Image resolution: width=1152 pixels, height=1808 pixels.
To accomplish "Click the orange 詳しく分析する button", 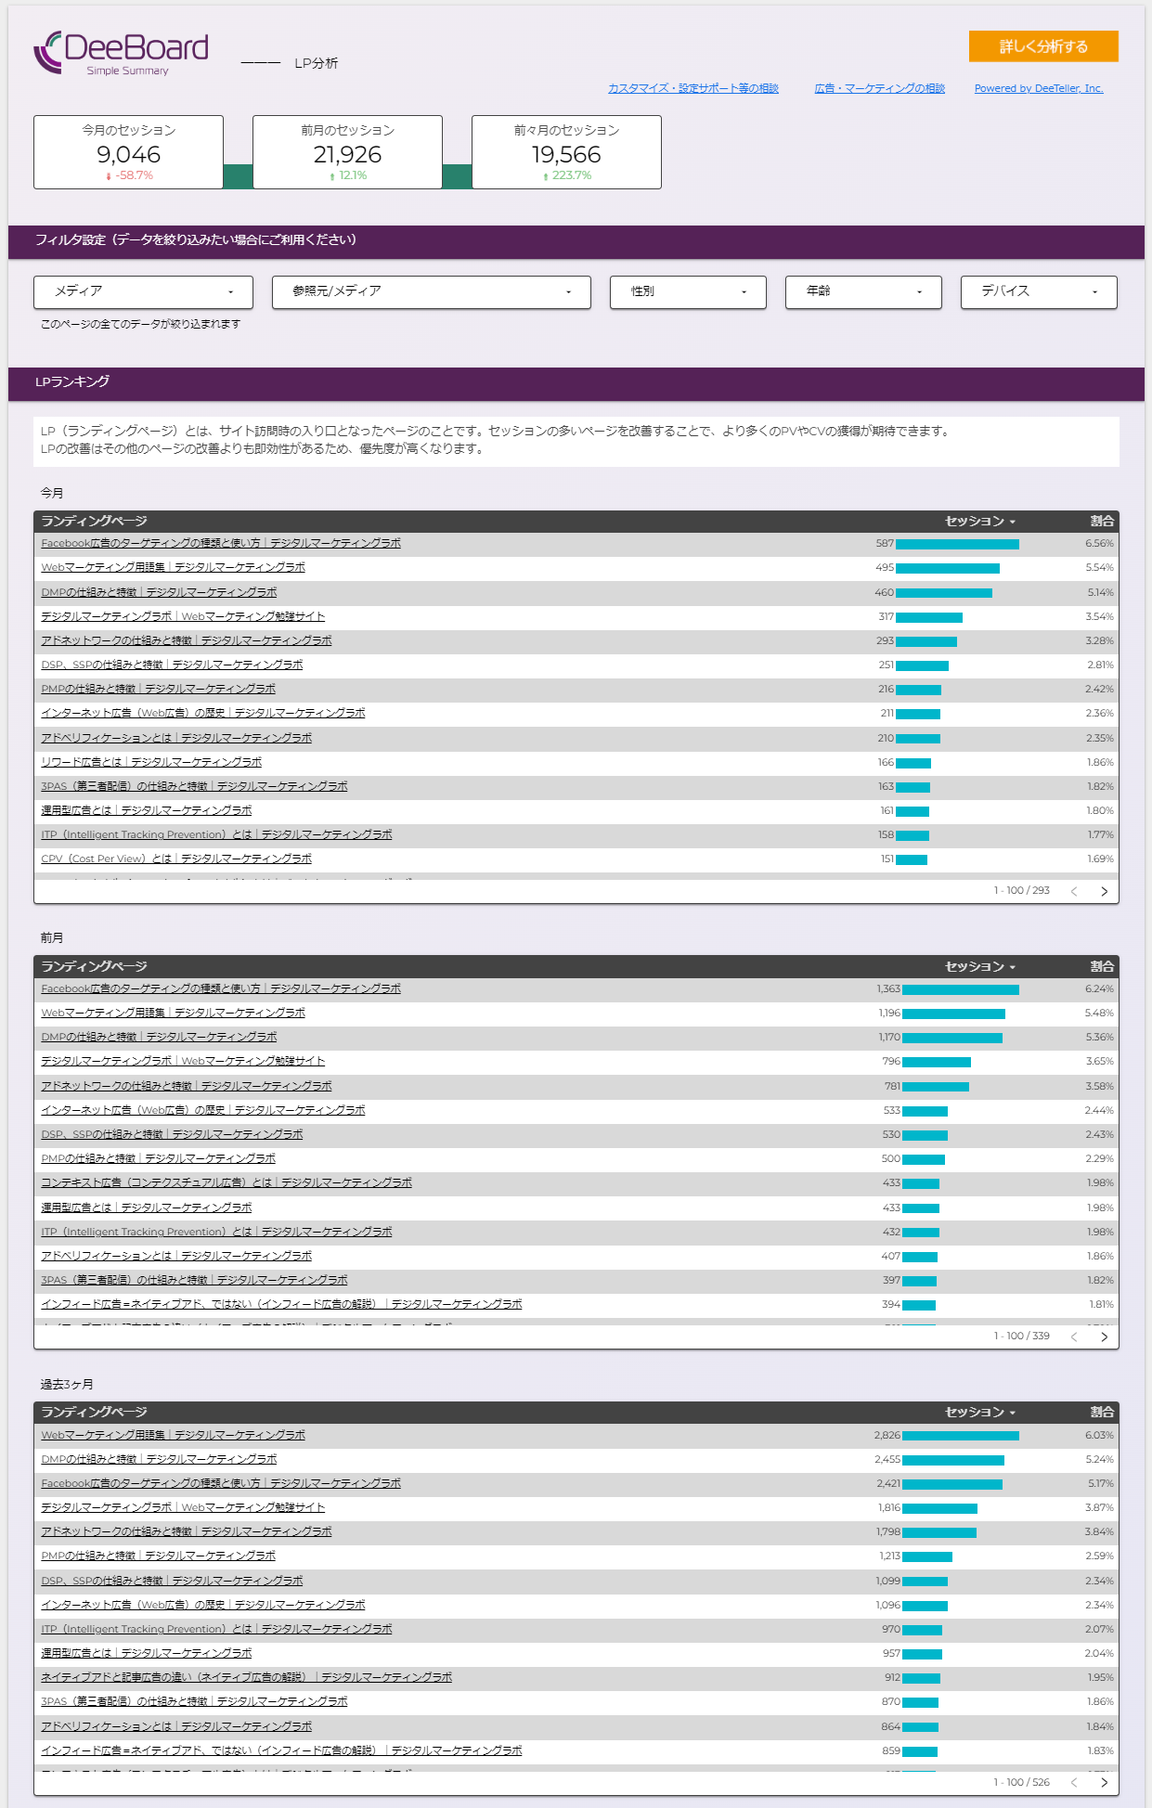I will [x=1042, y=46].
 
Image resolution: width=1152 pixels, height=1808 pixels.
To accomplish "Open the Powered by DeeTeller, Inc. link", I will [x=1038, y=89].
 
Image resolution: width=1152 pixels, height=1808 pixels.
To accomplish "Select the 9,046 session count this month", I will [x=128, y=154].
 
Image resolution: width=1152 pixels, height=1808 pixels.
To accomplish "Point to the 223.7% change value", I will [x=571, y=175].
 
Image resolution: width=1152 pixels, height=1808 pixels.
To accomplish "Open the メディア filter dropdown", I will [x=143, y=291].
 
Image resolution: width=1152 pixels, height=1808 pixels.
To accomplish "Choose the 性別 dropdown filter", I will [x=687, y=291].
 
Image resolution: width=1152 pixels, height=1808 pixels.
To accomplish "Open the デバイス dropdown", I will [x=1038, y=291].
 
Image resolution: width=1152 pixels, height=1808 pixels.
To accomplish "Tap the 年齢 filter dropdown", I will [x=862, y=291].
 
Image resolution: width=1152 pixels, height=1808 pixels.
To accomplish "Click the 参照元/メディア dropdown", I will [x=431, y=291].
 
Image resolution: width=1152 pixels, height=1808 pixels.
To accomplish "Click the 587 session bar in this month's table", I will [x=956, y=544].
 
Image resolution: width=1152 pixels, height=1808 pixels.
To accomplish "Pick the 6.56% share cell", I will [x=1099, y=544].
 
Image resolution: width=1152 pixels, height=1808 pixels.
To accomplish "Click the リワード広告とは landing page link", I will [x=151, y=762].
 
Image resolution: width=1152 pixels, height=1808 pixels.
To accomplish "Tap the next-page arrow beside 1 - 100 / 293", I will [x=1104, y=891].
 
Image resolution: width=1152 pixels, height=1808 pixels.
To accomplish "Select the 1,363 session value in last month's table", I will [x=888, y=989].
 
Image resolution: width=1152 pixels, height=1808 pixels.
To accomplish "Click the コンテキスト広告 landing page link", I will [x=227, y=1182].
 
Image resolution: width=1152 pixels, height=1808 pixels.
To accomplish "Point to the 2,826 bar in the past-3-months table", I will [x=960, y=1436].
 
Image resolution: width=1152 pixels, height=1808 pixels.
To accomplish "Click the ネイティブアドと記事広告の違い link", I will [x=246, y=1677].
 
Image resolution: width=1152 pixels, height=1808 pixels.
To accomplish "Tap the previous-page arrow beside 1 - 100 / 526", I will [x=1074, y=1782].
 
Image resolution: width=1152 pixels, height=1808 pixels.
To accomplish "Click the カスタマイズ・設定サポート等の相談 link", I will [x=692, y=89].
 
